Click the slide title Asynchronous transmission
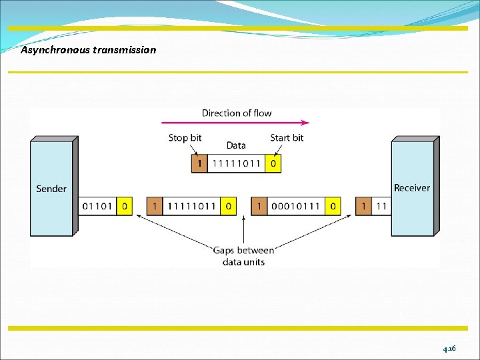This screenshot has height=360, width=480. click(x=88, y=50)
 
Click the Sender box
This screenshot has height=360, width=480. click(x=51, y=189)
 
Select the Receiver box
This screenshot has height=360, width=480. click(x=412, y=188)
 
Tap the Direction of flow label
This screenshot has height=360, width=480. click(x=237, y=113)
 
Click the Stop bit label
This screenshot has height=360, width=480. click(x=185, y=138)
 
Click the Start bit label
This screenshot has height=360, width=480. click(x=287, y=138)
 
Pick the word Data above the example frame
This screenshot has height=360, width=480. click(x=236, y=145)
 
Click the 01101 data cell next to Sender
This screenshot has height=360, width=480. click(x=97, y=206)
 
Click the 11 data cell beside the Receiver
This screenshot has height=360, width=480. click(x=381, y=206)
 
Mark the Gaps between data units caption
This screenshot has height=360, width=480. click(x=243, y=256)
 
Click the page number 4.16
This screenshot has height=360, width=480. click(x=449, y=349)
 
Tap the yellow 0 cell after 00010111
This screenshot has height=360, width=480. click(x=333, y=206)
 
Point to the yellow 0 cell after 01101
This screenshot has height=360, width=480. click(x=124, y=206)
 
